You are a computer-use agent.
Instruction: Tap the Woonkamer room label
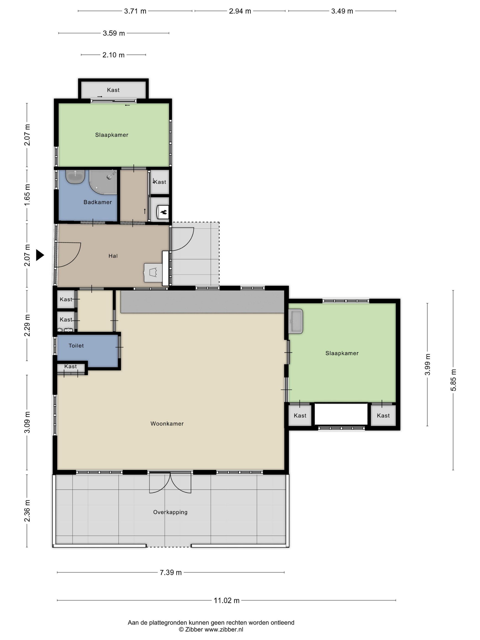click(x=167, y=424)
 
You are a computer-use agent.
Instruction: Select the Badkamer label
click(x=98, y=202)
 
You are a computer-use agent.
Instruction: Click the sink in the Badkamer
click(x=75, y=177)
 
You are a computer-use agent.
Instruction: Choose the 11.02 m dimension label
click(x=227, y=600)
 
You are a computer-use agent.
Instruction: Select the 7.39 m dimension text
click(x=171, y=572)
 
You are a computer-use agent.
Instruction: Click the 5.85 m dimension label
click(x=453, y=380)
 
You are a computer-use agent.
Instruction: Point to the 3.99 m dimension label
click(x=427, y=365)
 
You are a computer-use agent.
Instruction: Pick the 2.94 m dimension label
click(x=240, y=11)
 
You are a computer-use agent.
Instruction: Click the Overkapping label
click(x=170, y=512)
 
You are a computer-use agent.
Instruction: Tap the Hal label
click(x=113, y=256)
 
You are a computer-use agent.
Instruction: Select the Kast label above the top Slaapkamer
click(x=113, y=90)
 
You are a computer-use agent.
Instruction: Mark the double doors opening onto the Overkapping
click(x=170, y=482)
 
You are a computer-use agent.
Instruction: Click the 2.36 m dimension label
click(x=27, y=511)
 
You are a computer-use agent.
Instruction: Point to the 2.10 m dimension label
click(x=113, y=55)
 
